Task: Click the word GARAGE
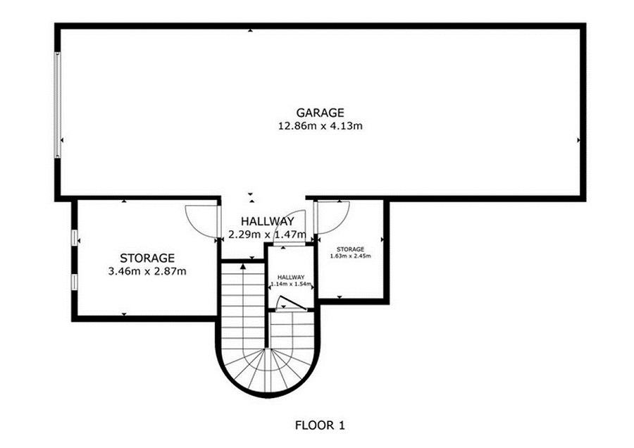(320, 113)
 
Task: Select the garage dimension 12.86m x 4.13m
(321, 126)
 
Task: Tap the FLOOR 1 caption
(320, 425)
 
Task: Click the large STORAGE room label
(147, 258)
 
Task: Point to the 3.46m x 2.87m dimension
(147, 271)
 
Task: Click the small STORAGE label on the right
(351, 249)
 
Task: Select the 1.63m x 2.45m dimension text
(351, 256)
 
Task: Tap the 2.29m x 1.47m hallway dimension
(267, 234)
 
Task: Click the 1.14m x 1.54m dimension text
(291, 284)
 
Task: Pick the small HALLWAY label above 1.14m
(291, 278)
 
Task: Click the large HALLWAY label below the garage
(267, 222)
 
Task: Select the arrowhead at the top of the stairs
(243, 266)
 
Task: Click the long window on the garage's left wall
(58, 105)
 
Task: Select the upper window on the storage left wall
(75, 238)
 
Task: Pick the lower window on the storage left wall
(75, 282)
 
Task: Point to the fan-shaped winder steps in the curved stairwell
(266, 370)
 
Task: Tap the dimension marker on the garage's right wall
(578, 140)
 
